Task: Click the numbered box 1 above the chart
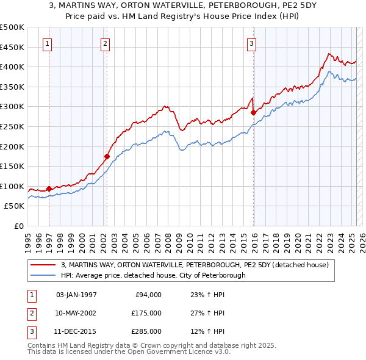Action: tap(47, 43)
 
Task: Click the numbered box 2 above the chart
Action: tap(105, 43)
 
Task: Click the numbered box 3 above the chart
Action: tap(251, 43)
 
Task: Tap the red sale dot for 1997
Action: tap(49, 189)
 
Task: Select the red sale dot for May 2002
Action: tap(107, 156)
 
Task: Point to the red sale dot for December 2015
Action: tap(253, 112)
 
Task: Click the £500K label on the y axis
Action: tap(12, 27)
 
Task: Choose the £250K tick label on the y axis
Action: tap(12, 127)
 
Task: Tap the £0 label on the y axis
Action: tap(18, 226)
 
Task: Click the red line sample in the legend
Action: tap(43, 265)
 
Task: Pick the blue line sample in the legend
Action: tap(43, 275)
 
